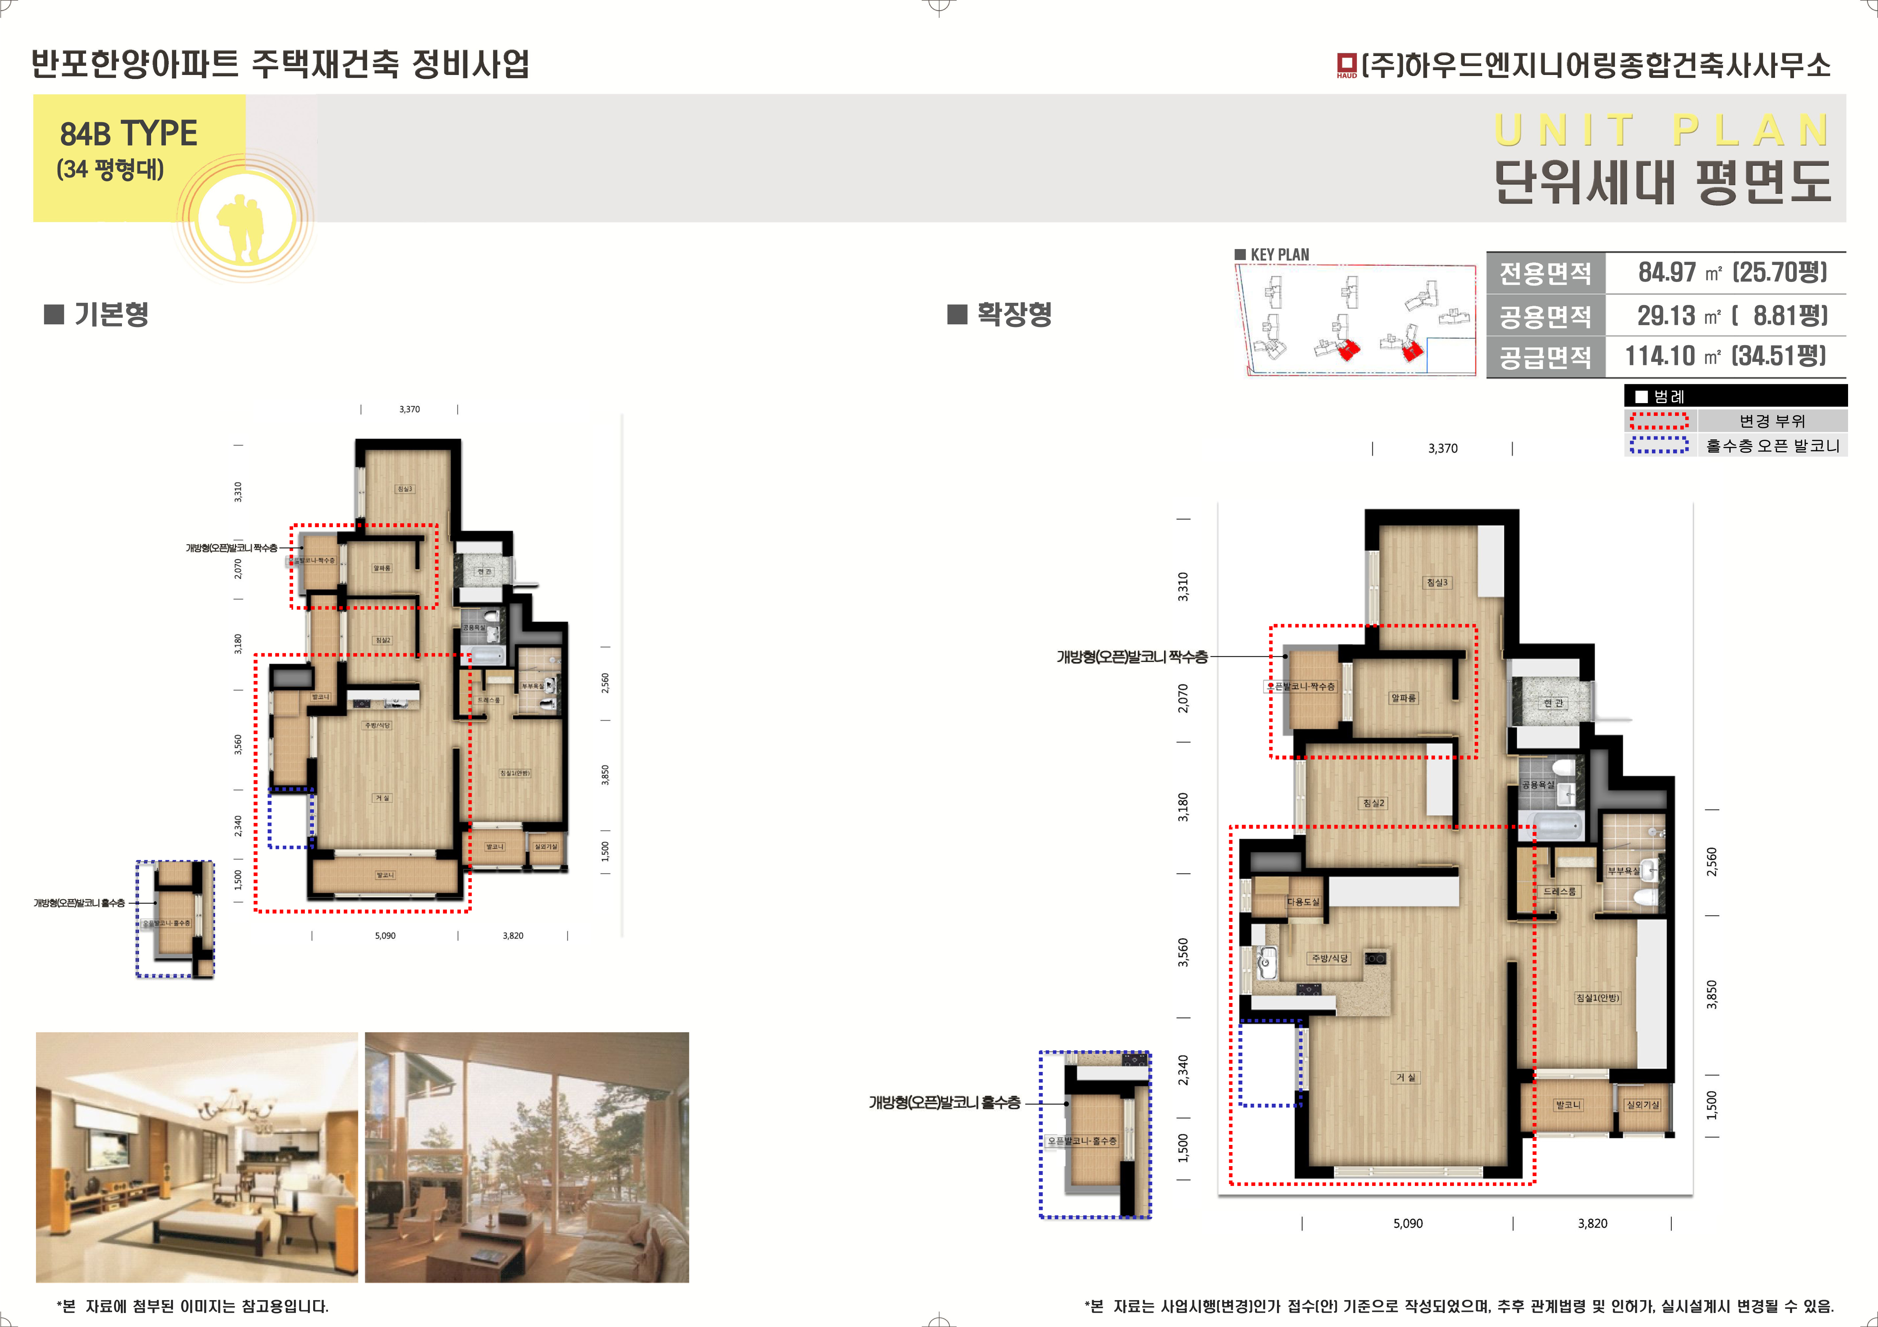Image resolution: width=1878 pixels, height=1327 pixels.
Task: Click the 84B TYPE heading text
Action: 128,133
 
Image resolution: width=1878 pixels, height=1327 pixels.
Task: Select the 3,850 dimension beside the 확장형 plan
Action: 1712,994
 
